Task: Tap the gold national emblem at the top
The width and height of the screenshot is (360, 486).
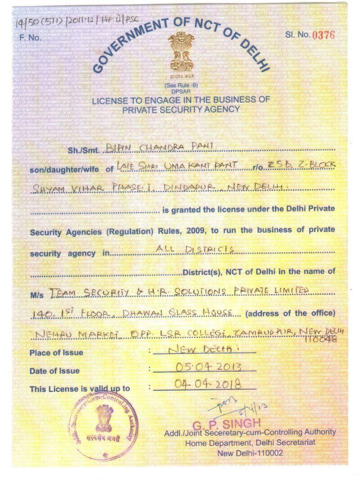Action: [181, 54]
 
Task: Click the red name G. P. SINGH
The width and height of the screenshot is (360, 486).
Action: [226, 423]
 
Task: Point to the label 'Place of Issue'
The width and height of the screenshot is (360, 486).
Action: [56, 352]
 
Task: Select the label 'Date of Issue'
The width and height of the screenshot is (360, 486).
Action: [54, 371]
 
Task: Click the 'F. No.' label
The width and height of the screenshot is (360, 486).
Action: [30, 38]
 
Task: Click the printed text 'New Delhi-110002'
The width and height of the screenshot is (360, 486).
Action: [250, 453]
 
